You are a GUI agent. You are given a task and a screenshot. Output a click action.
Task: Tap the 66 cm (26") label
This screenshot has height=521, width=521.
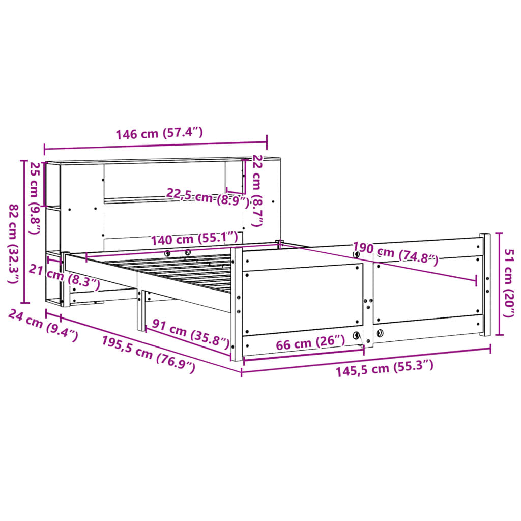coord(310,343)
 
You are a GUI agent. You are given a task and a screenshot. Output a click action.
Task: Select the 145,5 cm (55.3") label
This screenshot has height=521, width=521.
coord(384,368)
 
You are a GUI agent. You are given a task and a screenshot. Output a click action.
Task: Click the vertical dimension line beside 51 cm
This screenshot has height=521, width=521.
coord(498,283)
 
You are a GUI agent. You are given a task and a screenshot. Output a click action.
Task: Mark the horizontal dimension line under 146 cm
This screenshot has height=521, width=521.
coord(155,147)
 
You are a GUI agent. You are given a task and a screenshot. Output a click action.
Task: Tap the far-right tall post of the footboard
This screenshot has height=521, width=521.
coord(485,285)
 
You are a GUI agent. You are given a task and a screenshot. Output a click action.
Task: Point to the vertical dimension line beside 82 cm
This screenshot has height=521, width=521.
coord(23,231)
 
